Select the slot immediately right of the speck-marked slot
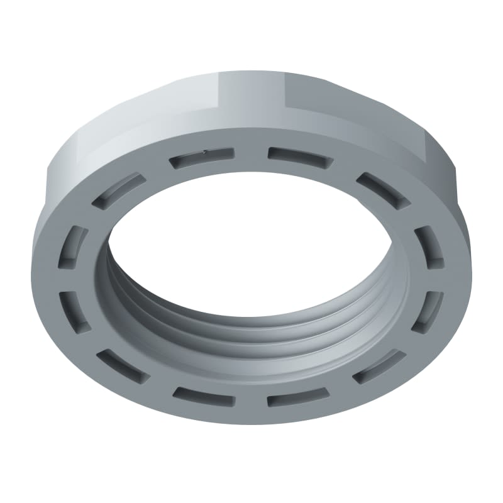pos(299,155)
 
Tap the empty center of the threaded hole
pos(251,251)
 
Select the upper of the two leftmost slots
pos(75,245)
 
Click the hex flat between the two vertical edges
pos(251,94)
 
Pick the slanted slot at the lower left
pos(123,365)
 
